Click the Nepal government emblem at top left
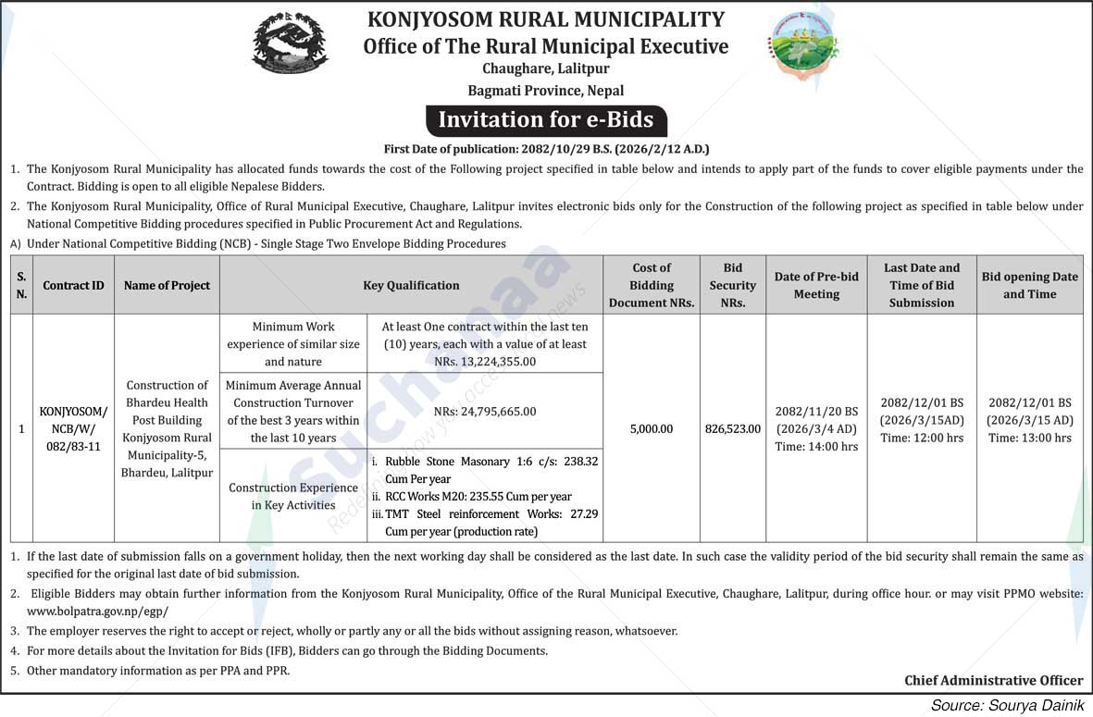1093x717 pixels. click(290, 43)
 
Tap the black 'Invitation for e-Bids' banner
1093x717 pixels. click(546, 120)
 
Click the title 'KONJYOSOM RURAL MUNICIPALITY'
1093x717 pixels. click(546, 19)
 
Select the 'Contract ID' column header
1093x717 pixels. click(73, 286)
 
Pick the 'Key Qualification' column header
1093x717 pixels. click(411, 286)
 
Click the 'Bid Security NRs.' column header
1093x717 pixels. click(732, 286)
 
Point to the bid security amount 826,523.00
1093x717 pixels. click(732, 429)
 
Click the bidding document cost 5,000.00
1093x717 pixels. click(652, 429)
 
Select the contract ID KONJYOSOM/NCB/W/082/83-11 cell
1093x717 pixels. click(73, 428)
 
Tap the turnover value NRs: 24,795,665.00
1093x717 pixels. click(486, 412)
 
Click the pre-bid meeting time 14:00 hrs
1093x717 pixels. click(815, 447)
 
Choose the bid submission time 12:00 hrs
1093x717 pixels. click(921, 439)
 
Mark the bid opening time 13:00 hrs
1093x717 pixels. click(1029, 439)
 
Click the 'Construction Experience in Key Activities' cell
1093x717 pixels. click(293, 497)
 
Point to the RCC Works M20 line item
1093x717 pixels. click(478, 497)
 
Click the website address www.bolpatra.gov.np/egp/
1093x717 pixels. click(97, 612)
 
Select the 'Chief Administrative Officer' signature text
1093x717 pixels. click(993, 681)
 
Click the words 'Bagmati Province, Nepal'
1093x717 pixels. click(546, 91)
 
